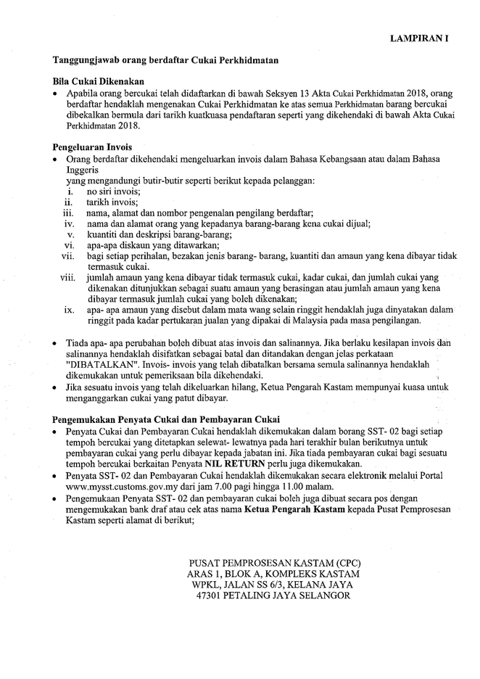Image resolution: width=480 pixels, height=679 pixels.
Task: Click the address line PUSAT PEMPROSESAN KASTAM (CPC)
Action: [274, 563]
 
